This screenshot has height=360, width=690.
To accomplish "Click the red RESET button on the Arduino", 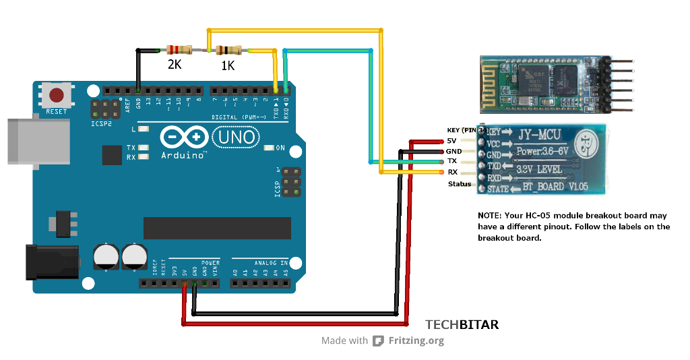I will coord(57,95).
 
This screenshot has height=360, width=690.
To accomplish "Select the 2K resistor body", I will coord(179,49).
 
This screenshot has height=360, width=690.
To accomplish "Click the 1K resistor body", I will coord(228,49).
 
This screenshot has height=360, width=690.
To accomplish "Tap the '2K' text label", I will coord(175,65).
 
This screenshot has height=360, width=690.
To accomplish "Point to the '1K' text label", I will coord(228,66).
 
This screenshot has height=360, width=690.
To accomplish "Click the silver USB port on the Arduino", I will coord(37,141).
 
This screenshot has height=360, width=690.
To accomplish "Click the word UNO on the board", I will coord(236,138).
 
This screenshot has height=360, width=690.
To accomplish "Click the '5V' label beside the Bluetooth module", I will coord(451,140).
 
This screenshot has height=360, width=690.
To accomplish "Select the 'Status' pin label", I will coord(460,184).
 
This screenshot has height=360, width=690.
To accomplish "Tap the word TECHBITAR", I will coord(462,325).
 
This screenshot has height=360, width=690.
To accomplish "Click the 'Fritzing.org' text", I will coord(416,340).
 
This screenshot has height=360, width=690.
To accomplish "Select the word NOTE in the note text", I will coord(489,215).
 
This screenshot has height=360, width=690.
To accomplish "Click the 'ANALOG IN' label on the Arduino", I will coord(270,262).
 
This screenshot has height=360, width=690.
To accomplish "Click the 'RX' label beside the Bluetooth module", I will coord(453,172).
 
